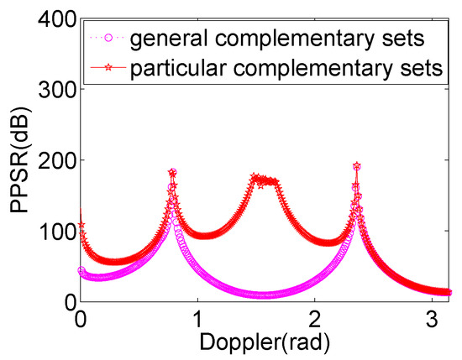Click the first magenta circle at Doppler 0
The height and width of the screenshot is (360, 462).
[81, 270]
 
